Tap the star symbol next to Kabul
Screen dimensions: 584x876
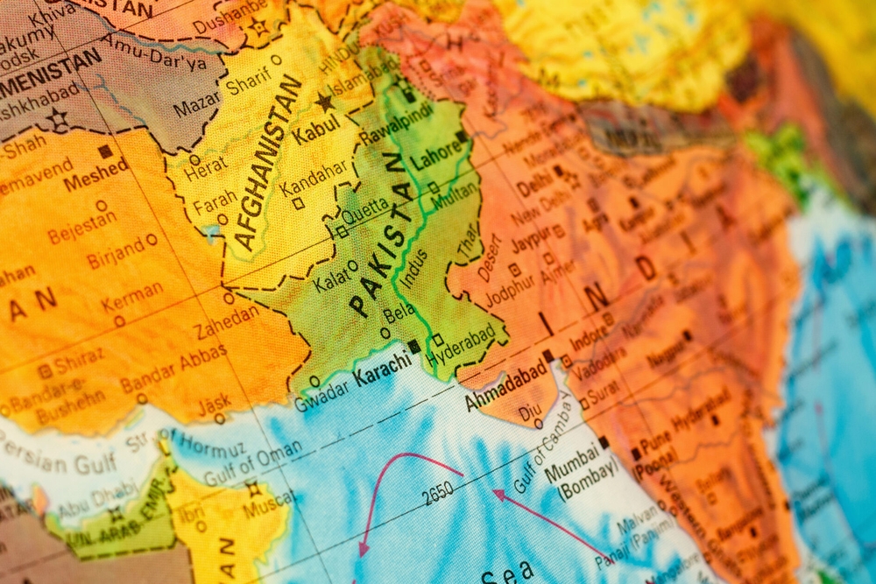pyautogui.click(x=326, y=103)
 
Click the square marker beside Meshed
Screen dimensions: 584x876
pyautogui.click(x=105, y=151)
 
